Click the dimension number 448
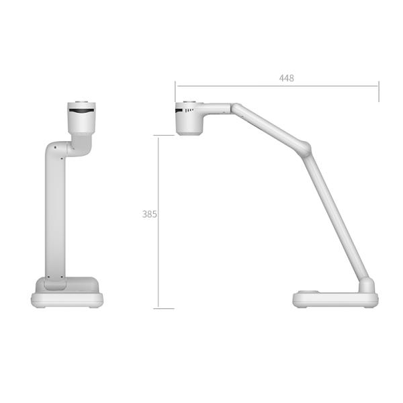pos(287,78)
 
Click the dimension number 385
pos(150,214)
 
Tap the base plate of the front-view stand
pos(67,298)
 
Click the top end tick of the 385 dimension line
pos(164,136)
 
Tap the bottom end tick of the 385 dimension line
pos(164,308)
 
